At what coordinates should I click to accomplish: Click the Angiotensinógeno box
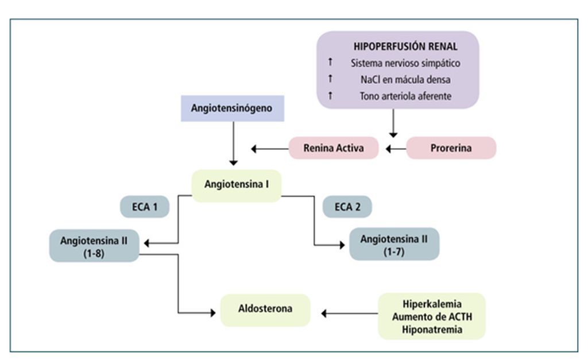pyautogui.click(x=233, y=109)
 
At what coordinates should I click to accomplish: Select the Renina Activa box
pyautogui.click(x=334, y=148)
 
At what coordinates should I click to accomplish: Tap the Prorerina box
pyautogui.click(x=451, y=148)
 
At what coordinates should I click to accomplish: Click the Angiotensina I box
pyautogui.click(x=236, y=185)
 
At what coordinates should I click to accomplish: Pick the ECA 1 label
pyautogui.click(x=145, y=207)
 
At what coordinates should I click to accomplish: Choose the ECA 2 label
pyautogui.click(x=347, y=207)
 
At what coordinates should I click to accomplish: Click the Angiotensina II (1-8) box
pyautogui.click(x=94, y=246)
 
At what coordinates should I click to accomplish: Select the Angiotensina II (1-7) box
pyautogui.click(x=394, y=244)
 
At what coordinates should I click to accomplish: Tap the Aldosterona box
pyautogui.click(x=265, y=310)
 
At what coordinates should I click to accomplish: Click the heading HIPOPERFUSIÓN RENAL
pyautogui.click(x=405, y=47)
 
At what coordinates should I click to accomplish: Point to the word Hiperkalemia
pyautogui.click(x=432, y=304)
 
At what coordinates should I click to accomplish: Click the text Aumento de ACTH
pyautogui.click(x=432, y=317)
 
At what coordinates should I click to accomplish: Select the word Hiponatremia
pyautogui.click(x=432, y=330)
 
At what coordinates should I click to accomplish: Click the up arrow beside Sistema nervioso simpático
pyautogui.click(x=330, y=62)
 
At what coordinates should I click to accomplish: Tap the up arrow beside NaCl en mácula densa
pyautogui.click(x=330, y=79)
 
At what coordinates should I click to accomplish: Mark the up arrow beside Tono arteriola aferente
pyautogui.click(x=330, y=95)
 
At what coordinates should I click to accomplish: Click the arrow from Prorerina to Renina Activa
pyautogui.click(x=396, y=149)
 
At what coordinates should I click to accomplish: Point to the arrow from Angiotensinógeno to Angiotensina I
pyautogui.click(x=233, y=144)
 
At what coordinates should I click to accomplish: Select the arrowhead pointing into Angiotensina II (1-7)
pyautogui.click(x=342, y=245)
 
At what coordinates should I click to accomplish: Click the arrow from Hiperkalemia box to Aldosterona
pyautogui.click(x=350, y=313)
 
